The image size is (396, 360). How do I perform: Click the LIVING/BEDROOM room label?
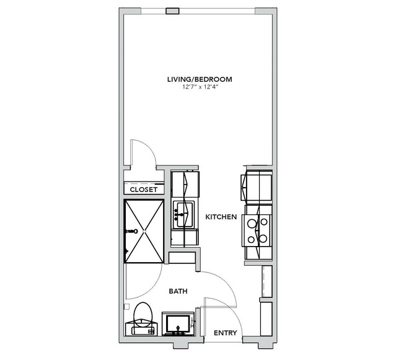point(200,79)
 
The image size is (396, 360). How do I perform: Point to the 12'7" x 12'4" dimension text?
point(200,87)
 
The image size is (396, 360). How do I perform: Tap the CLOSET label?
point(143,190)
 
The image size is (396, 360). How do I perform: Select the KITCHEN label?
point(221,217)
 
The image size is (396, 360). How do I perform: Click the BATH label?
point(178,291)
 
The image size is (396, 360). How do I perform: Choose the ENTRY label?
point(226,333)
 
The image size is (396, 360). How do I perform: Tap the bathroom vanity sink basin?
point(178,324)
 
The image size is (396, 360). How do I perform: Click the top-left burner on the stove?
point(251,224)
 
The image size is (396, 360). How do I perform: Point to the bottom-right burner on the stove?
point(263,239)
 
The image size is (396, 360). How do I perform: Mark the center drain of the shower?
point(144,231)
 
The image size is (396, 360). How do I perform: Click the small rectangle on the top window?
point(172,11)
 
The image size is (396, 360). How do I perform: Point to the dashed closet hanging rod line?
point(143,183)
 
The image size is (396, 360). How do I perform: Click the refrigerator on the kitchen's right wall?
point(257,185)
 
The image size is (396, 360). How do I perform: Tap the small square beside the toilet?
point(127,306)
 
